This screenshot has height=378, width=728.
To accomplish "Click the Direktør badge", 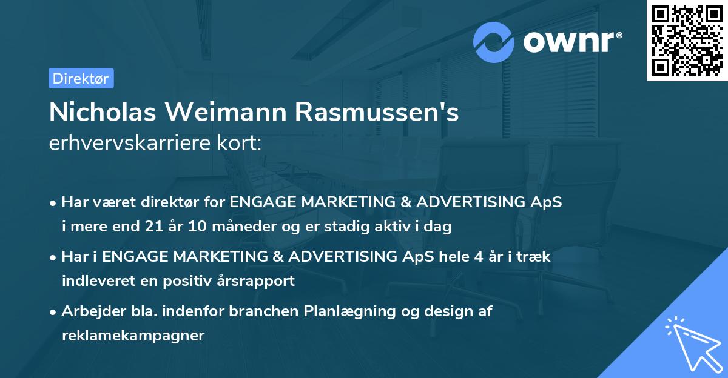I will (x=81, y=78).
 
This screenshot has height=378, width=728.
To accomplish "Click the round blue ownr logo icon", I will (x=494, y=42).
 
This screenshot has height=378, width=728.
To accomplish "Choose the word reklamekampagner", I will (x=133, y=335).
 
